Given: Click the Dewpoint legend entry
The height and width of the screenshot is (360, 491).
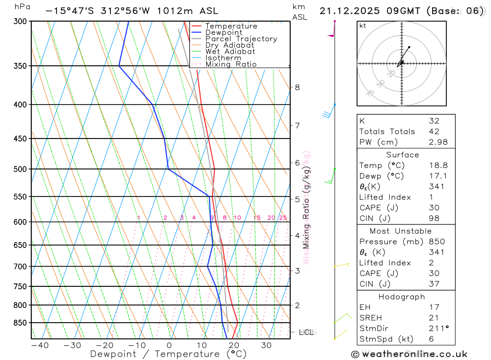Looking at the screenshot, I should click(224, 32).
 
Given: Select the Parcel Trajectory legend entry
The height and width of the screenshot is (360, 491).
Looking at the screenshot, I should click(241, 39).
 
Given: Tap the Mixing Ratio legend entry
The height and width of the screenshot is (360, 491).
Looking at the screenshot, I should click(231, 64).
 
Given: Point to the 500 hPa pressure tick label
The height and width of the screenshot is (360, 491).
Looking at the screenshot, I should click(20, 169).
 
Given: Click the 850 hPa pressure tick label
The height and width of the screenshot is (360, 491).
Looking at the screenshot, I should click(20, 323).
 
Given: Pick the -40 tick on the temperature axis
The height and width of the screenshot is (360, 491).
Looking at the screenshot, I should click(39, 345).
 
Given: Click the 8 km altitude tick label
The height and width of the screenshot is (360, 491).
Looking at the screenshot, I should click(298, 87).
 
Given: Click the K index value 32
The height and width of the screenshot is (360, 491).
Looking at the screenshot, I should click(434, 120).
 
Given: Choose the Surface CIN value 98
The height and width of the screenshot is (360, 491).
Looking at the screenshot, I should click(434, 218).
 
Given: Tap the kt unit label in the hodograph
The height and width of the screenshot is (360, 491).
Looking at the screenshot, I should click(363, 26).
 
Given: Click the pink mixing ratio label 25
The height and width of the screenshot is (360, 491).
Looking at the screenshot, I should click(283, 218).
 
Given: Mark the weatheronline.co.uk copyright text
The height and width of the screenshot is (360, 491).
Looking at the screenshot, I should click(409, 354).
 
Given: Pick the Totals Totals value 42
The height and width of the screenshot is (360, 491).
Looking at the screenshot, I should click(434, 131).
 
